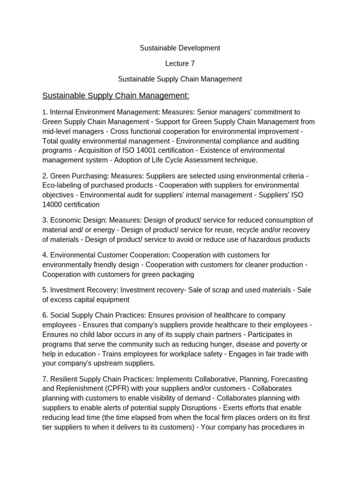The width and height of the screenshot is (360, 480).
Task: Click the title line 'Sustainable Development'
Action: pos(180,48)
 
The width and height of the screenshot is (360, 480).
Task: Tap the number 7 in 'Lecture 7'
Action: pos(193,63)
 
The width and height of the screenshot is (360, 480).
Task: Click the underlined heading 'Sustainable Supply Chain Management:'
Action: pos(116,96)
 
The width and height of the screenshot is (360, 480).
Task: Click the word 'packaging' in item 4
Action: pos(175,274)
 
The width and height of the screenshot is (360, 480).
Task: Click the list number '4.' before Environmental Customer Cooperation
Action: pos(45,255)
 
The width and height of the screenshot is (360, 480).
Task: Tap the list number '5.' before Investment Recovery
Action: pos(45,290)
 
